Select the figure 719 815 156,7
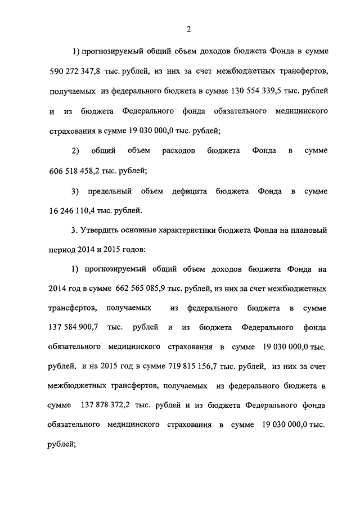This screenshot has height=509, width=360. click(x=193, y=367)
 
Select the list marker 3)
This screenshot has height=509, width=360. click(x=75, y=192)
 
